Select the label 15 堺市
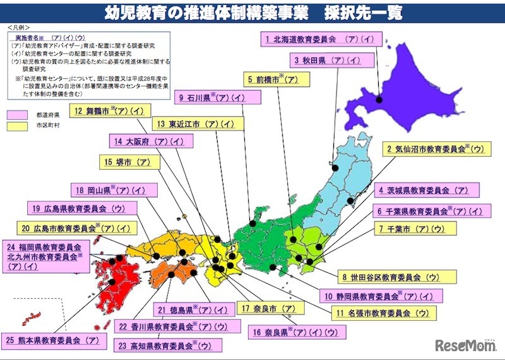click(x=128, y=162)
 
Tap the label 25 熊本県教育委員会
click(x=54, y=340)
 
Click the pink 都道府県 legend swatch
click(x=17, y=116)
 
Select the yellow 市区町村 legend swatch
click(x=17, y=126)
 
